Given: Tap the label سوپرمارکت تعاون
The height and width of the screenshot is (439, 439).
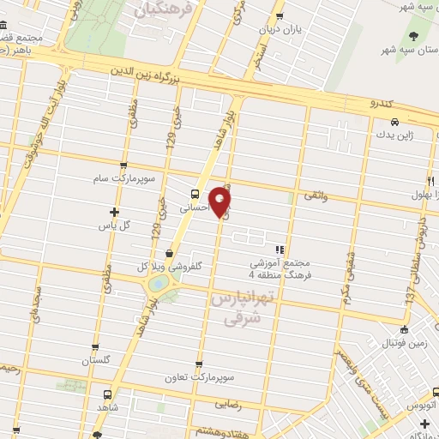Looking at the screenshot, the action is [200, 377].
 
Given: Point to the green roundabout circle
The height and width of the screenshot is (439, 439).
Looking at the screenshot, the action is [159, 283].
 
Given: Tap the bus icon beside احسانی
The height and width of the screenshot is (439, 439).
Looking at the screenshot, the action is [195, 193].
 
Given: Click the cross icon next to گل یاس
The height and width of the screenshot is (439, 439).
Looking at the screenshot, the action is [114, 212].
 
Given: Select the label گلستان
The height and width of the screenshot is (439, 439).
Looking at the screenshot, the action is [97, 360].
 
